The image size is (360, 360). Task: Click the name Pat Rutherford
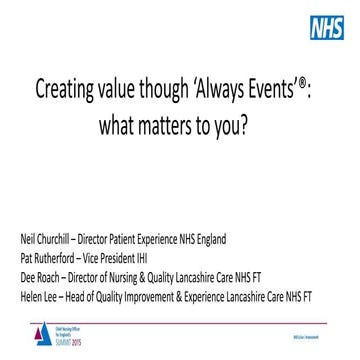click(49, 255)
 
